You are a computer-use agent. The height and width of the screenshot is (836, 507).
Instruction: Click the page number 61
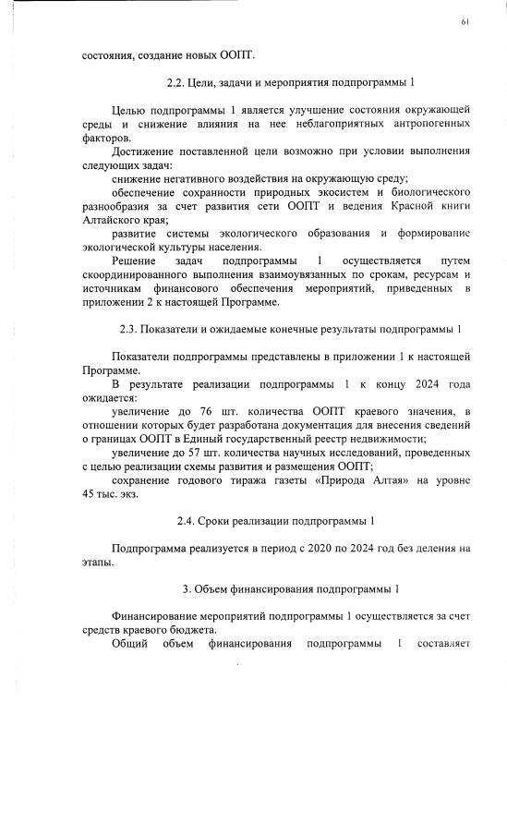point(464,20)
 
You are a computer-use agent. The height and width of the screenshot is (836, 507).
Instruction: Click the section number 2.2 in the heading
point(176,82)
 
